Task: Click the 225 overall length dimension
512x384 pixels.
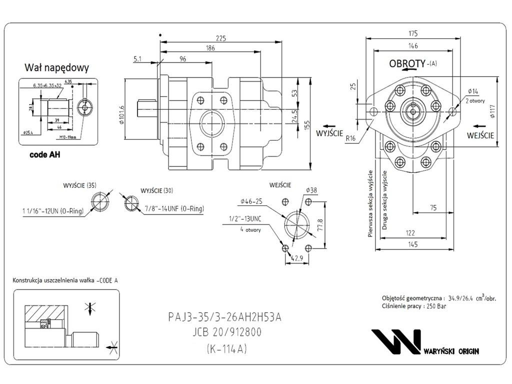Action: tap(220, 38)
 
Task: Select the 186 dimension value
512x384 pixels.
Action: tap(210, 48)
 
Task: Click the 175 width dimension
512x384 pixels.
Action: tap(412, 34)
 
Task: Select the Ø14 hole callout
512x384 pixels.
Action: tap(473, 91)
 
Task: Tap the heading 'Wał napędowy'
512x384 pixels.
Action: tap(56, 67)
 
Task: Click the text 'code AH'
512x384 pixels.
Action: tap(44, 155)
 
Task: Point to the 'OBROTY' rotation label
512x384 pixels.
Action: tap(407, 64)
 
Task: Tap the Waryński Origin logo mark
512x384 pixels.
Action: tap(396, 341)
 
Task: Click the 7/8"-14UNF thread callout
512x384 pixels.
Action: tap(173, 208)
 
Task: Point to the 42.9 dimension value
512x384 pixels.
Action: tap(297, 258)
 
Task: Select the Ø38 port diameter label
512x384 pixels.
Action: tap(311, 190)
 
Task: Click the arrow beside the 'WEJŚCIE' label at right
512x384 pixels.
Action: tap(479, 125)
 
